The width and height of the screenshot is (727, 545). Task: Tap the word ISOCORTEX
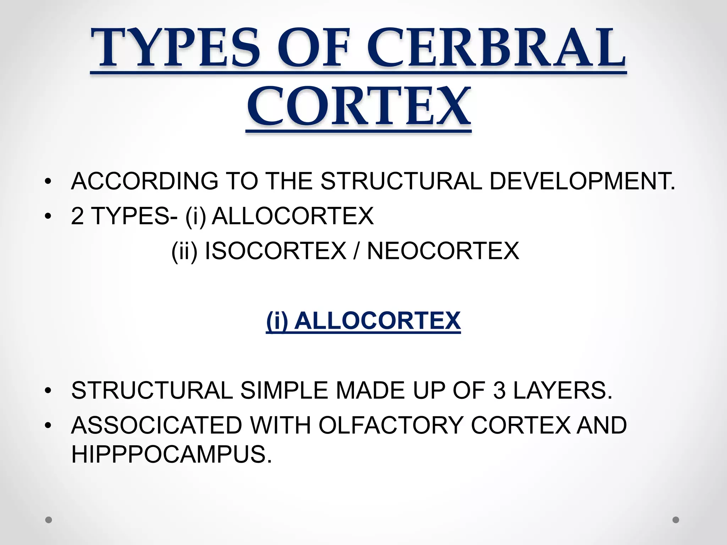[x=275, y=251]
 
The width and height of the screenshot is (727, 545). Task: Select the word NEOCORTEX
[x=443, y=251]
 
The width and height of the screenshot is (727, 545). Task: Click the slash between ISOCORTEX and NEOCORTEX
[x=356, y=251]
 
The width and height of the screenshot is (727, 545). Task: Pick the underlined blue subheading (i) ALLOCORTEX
[x=363, y=321]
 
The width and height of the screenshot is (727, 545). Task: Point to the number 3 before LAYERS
[x=499, y=390]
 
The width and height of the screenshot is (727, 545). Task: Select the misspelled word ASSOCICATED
[x=157, y=425]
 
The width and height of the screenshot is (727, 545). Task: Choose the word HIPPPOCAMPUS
[x=171, y=454]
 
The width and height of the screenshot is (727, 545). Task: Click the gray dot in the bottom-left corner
[x=49, y=520]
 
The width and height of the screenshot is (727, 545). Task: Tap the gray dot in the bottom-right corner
[x=676, y=520]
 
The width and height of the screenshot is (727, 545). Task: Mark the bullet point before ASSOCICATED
[x=48, y=425]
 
